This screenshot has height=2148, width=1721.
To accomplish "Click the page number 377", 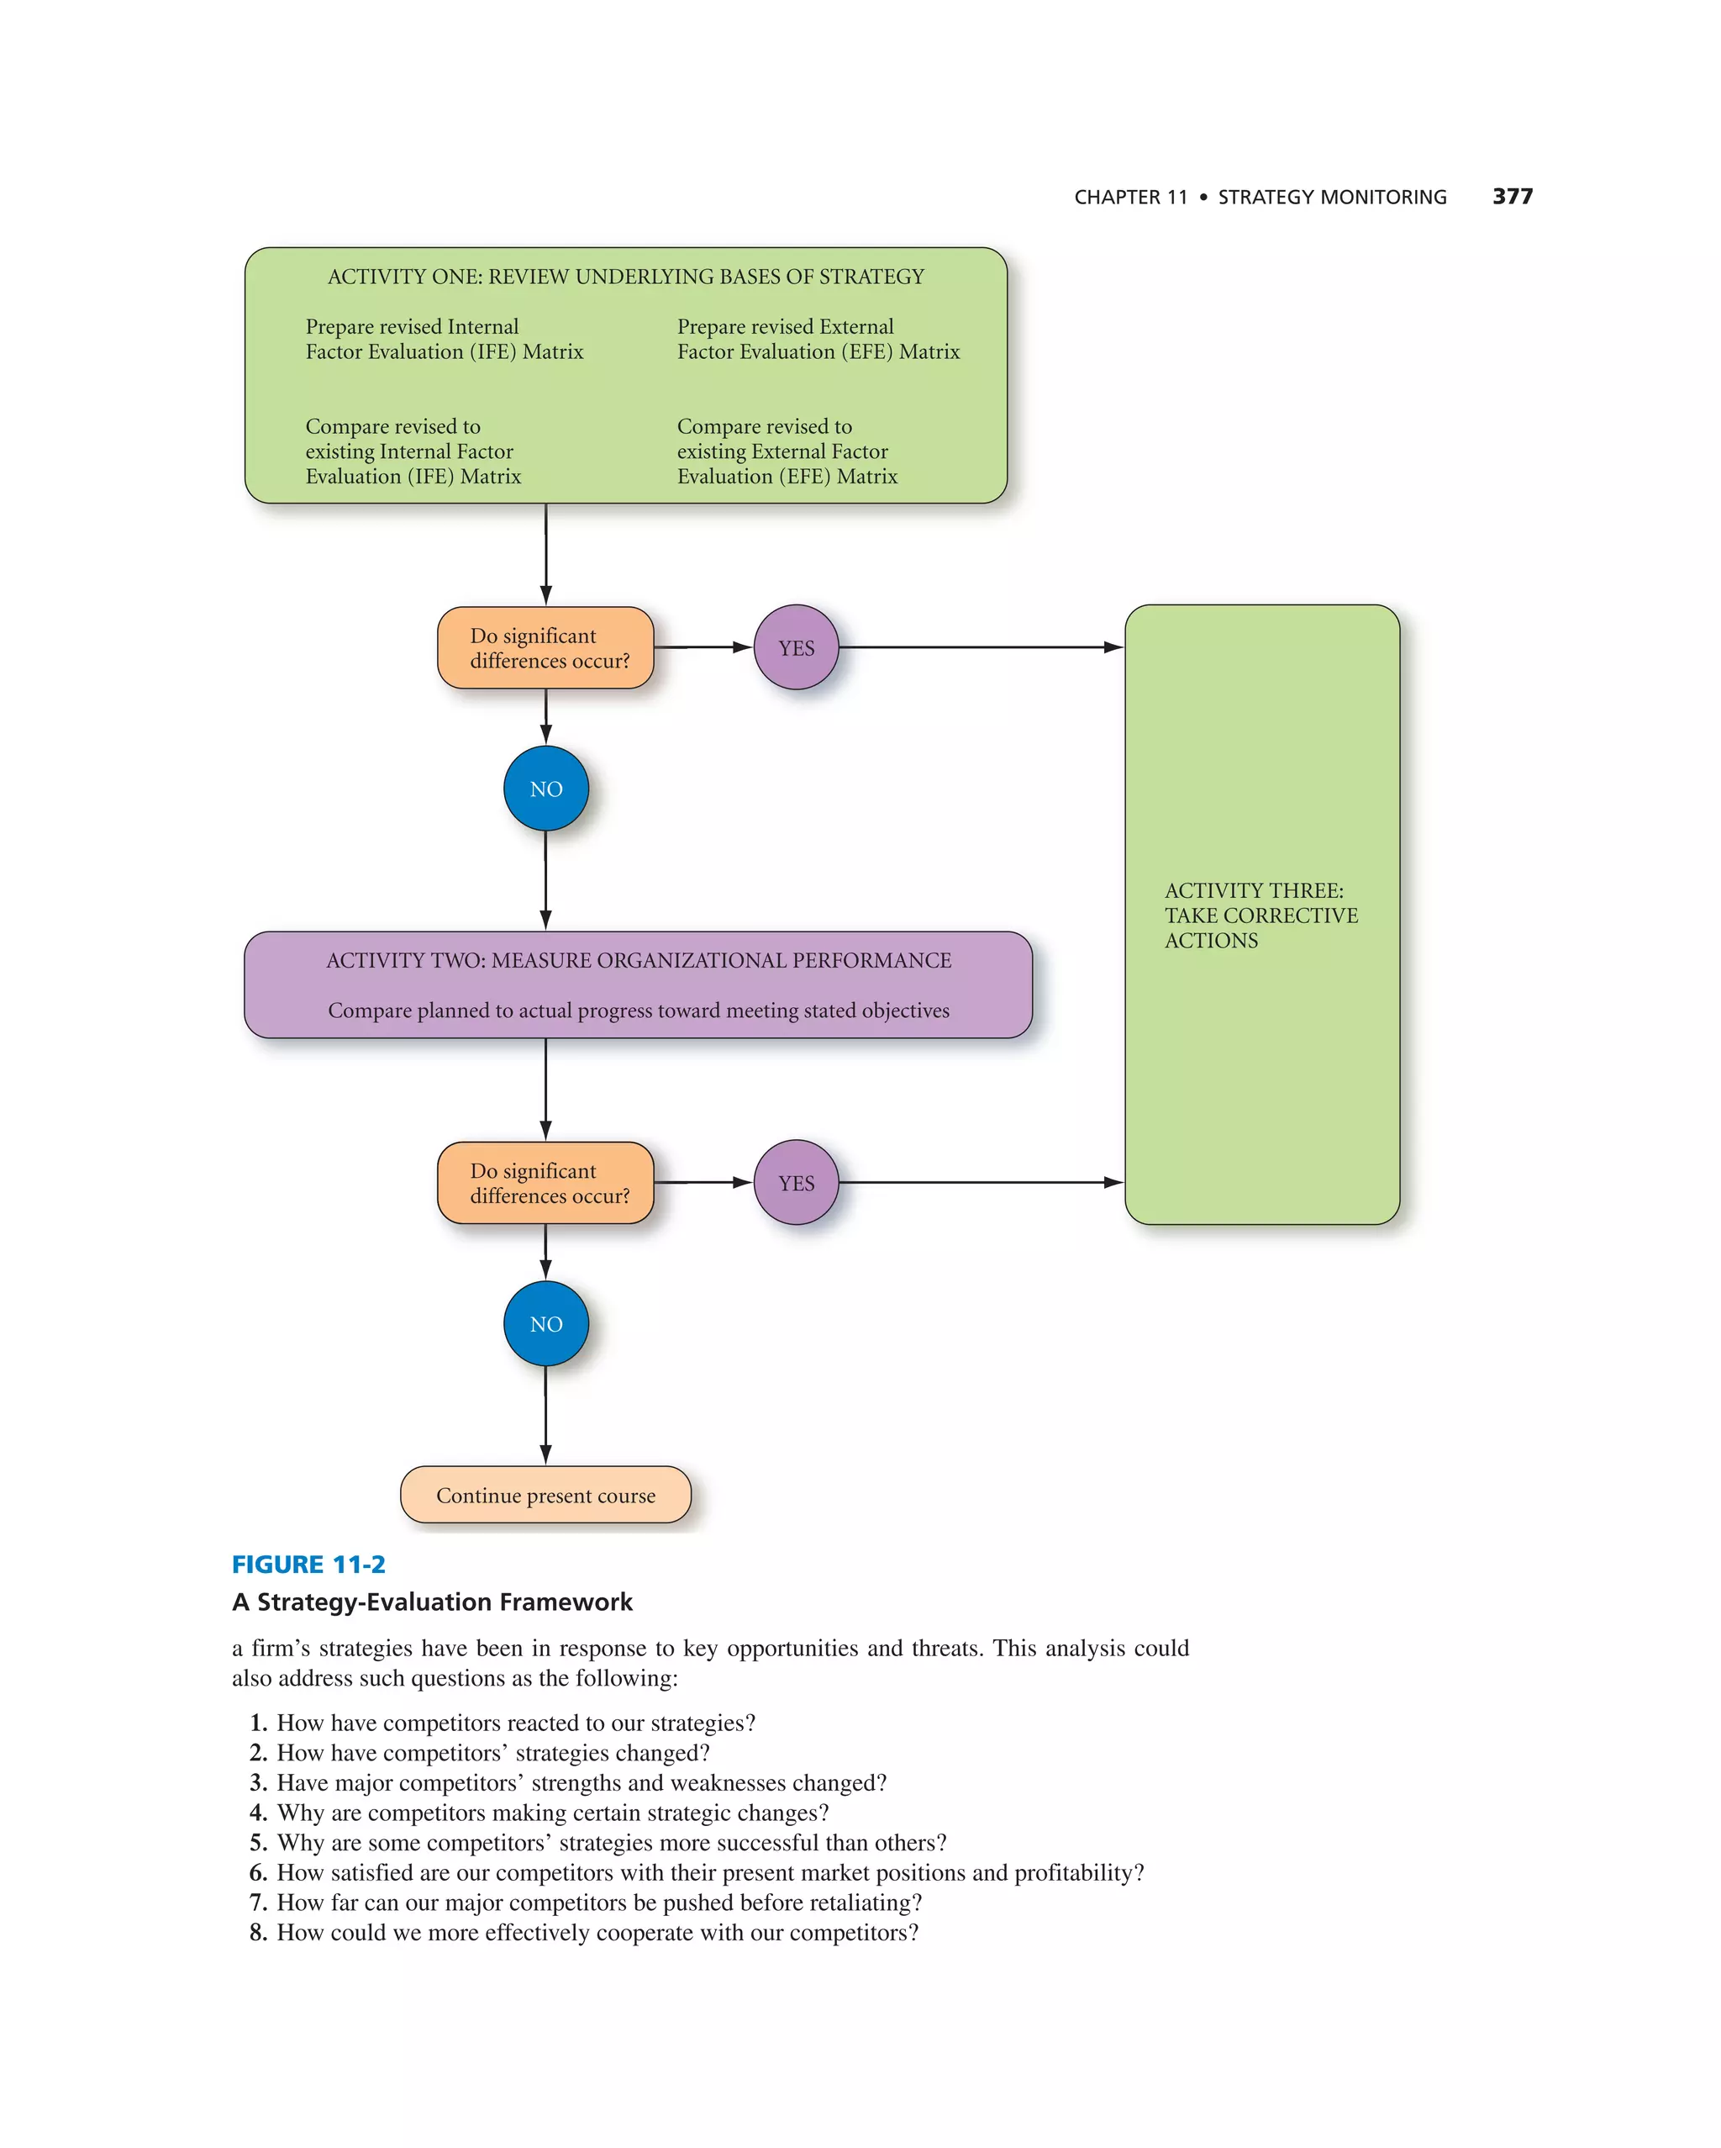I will coord(1512,196).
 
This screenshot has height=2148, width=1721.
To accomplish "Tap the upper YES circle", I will coord(796,647).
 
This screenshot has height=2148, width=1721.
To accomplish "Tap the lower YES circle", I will coord(796,1183).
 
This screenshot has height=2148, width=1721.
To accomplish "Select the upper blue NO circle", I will coord(545,788).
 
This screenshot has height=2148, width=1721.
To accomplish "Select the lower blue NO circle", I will coord(545,1323).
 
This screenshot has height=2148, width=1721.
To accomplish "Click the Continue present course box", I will coord(545,1495).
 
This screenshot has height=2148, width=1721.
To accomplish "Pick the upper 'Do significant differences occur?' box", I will coord(545,647).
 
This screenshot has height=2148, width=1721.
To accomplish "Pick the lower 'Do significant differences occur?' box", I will coord(545,1183).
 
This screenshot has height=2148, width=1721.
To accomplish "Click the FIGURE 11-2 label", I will coord(308,1565).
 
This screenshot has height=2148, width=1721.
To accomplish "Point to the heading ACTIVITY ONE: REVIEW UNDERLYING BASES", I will coord(625,276).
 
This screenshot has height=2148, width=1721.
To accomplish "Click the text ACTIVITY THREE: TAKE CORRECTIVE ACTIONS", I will coord(1260,915).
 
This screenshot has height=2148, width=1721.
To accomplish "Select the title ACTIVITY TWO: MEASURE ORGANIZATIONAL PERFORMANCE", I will coord(639,960).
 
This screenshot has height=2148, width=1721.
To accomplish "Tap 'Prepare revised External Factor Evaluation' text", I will coord(818,339).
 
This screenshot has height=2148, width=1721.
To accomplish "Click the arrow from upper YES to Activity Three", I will coord(981,647).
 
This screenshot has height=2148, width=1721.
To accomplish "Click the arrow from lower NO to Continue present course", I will coord(545,1415).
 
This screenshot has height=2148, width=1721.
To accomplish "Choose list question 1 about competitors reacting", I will coord(515,1723).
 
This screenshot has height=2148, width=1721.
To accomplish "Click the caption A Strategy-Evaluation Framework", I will coord(432,1602).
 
